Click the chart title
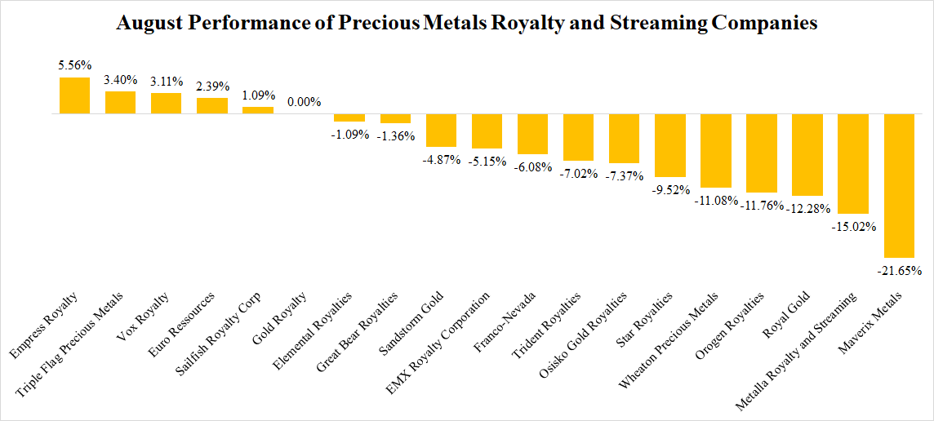(x=467, y=24)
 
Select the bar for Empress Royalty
(x=75, y=96)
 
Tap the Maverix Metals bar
(x=898, y=185)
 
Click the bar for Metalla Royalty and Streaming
(x=852, y=163)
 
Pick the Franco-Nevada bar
(x=532, y=134)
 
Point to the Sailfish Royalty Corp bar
(x=258, y=110)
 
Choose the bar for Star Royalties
(x=669, y=145)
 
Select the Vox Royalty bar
(x=167, y=104)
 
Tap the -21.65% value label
(x=898, y=270)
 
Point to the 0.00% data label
(x=304, y=103)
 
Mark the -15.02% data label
(x=852, y=225)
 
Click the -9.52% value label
(x=669, y=189)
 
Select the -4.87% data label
(x=441, y=158)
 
